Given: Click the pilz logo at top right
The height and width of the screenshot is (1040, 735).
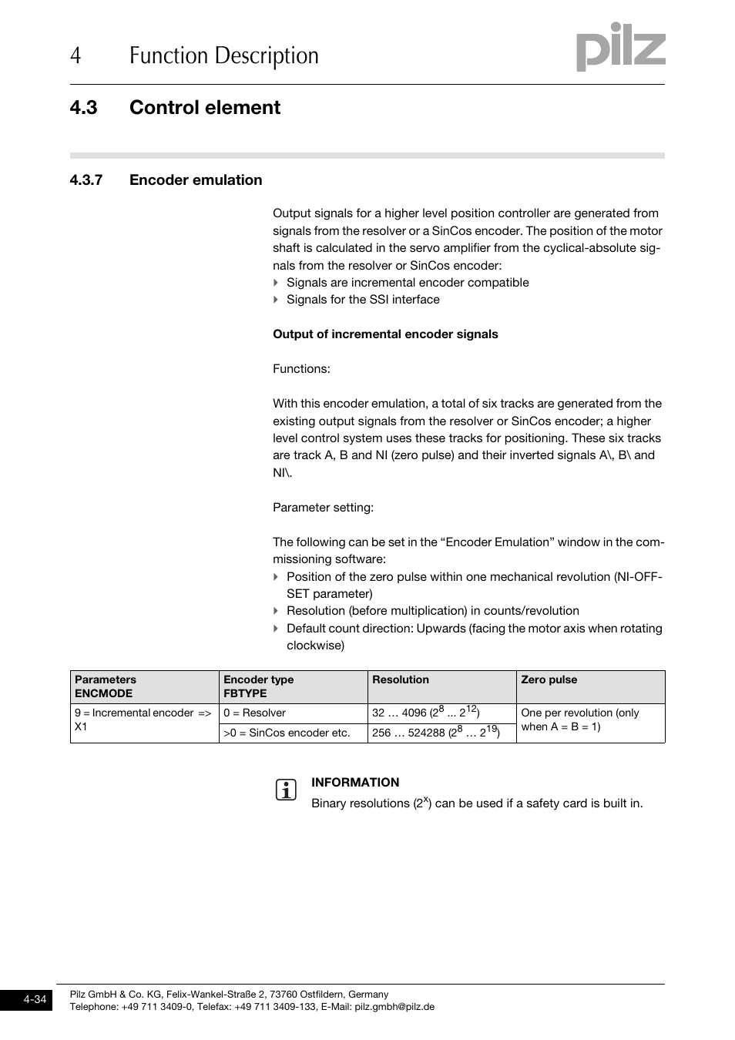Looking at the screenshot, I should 620,48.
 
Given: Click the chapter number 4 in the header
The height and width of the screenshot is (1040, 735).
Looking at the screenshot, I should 75,56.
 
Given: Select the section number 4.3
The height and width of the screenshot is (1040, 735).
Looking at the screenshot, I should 83,108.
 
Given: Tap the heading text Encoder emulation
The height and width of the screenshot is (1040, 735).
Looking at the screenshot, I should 196,180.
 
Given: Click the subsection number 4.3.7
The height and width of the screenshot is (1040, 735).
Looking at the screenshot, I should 86,180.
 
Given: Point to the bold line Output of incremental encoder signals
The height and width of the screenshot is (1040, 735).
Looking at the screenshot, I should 385,334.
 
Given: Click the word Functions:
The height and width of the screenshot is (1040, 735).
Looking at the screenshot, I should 301,369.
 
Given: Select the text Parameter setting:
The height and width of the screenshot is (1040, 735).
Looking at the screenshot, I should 323,508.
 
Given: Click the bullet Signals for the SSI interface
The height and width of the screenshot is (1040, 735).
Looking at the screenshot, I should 363,300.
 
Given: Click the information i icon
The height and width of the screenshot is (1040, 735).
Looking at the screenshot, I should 286,790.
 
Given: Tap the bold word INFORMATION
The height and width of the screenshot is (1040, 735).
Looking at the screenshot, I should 355,783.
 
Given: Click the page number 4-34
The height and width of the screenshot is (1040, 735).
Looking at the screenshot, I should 35,1000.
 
